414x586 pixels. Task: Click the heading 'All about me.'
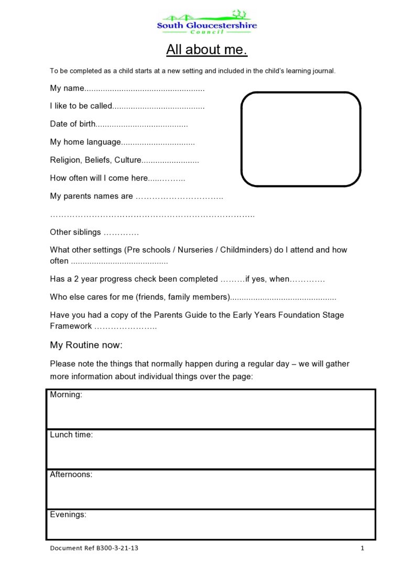pyautogui.click(x=206, y=50)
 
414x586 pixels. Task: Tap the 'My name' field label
pyautogui.click(x=67, y=88)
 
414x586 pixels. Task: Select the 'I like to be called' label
pyautogui.click(x=81, y=106)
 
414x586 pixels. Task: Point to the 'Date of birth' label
pyautogui.click(x=73, y=124)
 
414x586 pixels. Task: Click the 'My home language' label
pyautogui.click(x=85, y=142)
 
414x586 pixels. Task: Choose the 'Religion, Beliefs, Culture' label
pyautogui.click(x=95, y=160)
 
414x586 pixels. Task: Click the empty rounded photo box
pyautogui.click(x=300, y=139)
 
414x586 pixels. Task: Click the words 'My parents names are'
pyautogui.click(x=92, y=196)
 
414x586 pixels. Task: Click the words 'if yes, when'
pyautogui.click(x=267, y=279)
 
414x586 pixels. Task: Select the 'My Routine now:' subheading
pyautogui.click(x=86, y=345)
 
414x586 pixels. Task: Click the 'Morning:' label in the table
pyautogui.click(x=66, y=395)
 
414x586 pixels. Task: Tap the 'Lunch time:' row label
pyautogui.click(x=71, y=435)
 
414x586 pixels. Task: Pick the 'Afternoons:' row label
pyautogui.click(x=71, y=475)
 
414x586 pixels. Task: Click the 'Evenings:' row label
pyautogui.click(x=68, y=515)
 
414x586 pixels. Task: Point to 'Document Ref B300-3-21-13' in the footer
pyautogui.click(x=94, y=548)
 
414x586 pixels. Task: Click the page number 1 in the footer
pyautogui.click(x=362, y=548)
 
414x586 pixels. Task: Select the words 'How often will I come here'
pyautogui.click(x=99, y=178)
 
